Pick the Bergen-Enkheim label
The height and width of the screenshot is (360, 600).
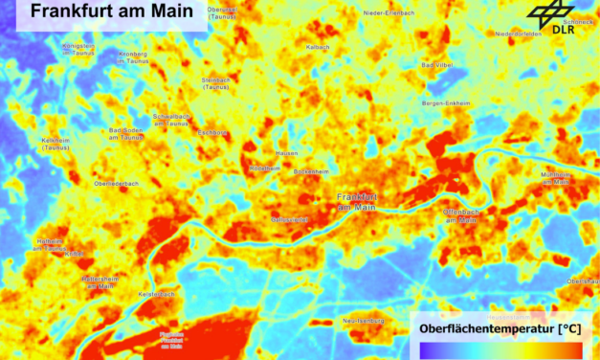[x=446, y=102]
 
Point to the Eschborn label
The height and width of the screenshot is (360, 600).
[x=211, y=132]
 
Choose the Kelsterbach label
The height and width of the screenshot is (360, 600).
[x=157, y=294]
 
